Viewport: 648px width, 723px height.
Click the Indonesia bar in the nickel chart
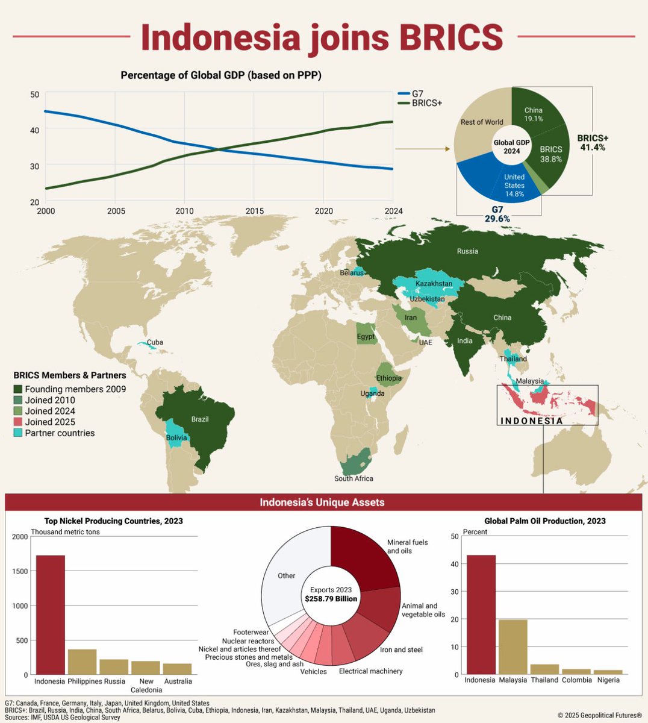click(51, 615)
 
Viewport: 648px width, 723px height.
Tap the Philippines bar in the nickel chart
click(82, 662)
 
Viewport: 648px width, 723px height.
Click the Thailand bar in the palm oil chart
click(544, 669)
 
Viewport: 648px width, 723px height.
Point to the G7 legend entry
click(417, 93)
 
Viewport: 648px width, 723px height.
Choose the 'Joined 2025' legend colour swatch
click(18, 422)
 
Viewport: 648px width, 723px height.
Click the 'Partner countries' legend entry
click(59, 433)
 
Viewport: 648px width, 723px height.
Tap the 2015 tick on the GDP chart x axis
click(254, 211)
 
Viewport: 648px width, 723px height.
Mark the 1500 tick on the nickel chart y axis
click(20, 571)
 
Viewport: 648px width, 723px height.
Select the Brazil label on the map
click(200, 419)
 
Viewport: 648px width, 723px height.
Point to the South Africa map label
click(354, 478)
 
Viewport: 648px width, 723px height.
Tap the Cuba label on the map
click(155, 342)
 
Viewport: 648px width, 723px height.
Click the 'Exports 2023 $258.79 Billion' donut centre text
click(331, 594)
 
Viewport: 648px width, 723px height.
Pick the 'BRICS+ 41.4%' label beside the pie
click(593, 142)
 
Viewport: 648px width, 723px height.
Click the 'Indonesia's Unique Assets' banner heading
click(322, 502)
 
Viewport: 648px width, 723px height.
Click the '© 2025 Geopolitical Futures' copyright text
click(599, 715)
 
